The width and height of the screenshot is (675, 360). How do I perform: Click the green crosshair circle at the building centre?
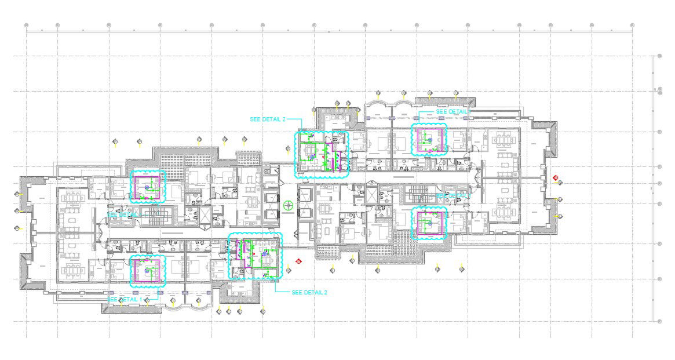coord(289,205)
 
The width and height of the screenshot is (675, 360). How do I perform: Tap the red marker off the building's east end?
coord(556,177)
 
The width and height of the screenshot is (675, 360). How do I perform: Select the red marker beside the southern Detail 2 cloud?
coord(298,261)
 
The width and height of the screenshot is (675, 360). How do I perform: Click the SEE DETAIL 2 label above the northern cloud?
coord(268,119)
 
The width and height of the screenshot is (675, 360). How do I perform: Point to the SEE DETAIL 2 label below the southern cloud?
coord(309,292)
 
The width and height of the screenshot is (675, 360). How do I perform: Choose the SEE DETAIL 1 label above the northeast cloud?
coord(451,111)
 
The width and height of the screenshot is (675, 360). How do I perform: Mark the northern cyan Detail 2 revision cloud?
coord(322,154)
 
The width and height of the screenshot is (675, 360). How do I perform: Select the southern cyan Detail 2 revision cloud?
coord(255,256)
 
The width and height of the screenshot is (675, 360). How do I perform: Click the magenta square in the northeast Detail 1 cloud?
coord(429,140)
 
